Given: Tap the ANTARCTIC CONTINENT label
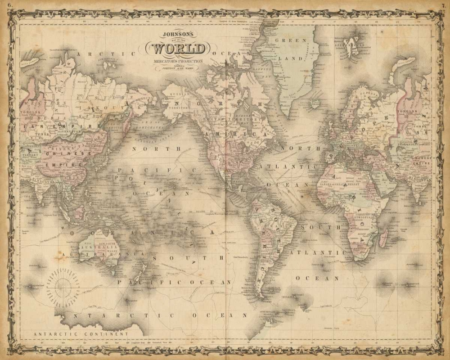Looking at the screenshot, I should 81,334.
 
